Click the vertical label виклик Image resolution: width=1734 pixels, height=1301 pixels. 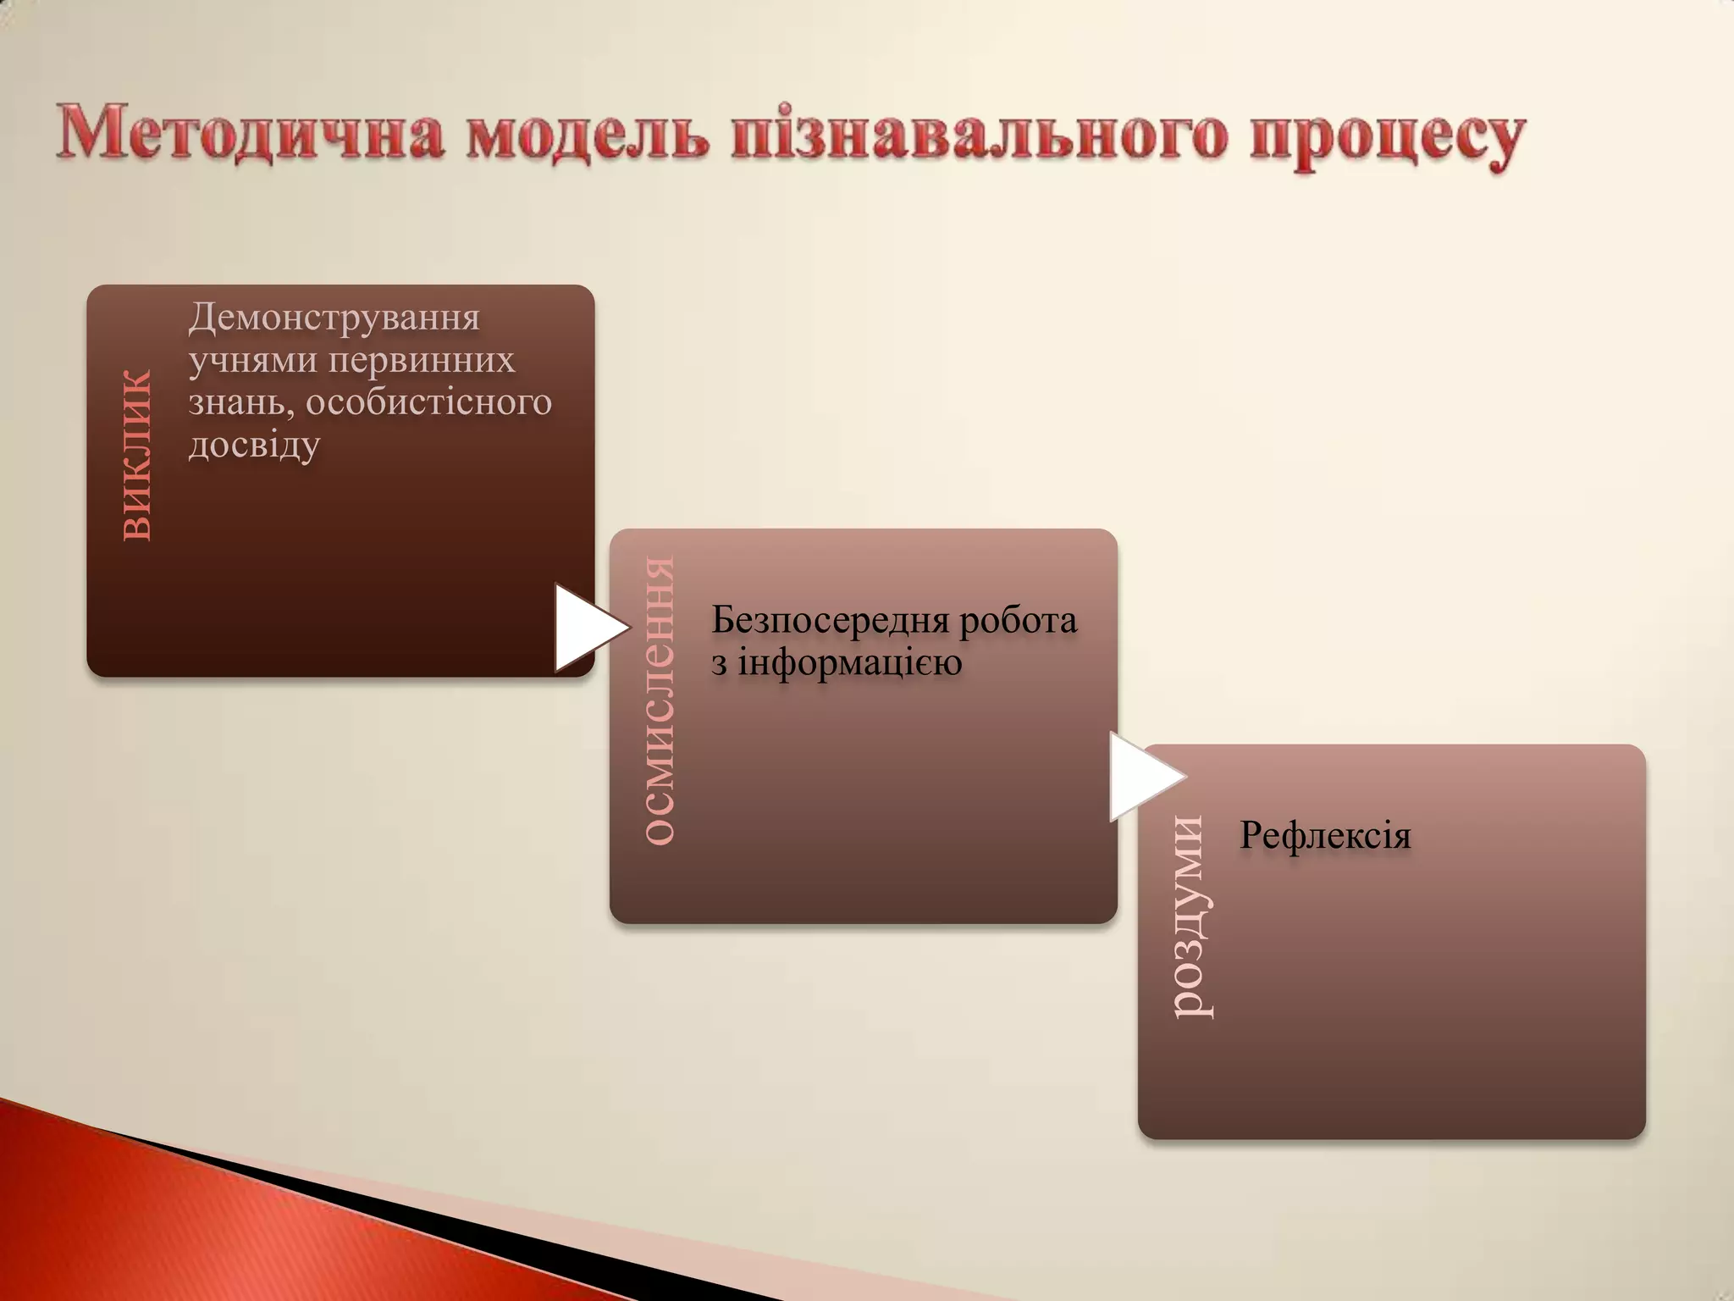(x=135, y=455)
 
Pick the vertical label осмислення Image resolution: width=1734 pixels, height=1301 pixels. (x=659, y=700)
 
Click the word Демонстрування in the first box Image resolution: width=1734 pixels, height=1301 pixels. (x=334, y=318)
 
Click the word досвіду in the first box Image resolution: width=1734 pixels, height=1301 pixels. (x=254, y=445)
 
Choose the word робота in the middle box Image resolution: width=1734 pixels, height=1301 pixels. (x=1018, y=620)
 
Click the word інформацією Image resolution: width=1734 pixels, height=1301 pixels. (x=849, y=662)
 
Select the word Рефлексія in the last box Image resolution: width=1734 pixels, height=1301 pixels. (x=1325, y=835)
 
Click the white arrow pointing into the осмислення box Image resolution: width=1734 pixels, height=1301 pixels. (x=587, y=628)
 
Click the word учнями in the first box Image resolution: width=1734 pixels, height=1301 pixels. (x=251, y=362)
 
